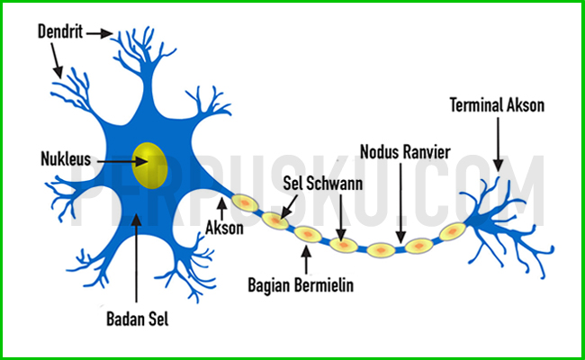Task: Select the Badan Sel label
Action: (x=137, y=319)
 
